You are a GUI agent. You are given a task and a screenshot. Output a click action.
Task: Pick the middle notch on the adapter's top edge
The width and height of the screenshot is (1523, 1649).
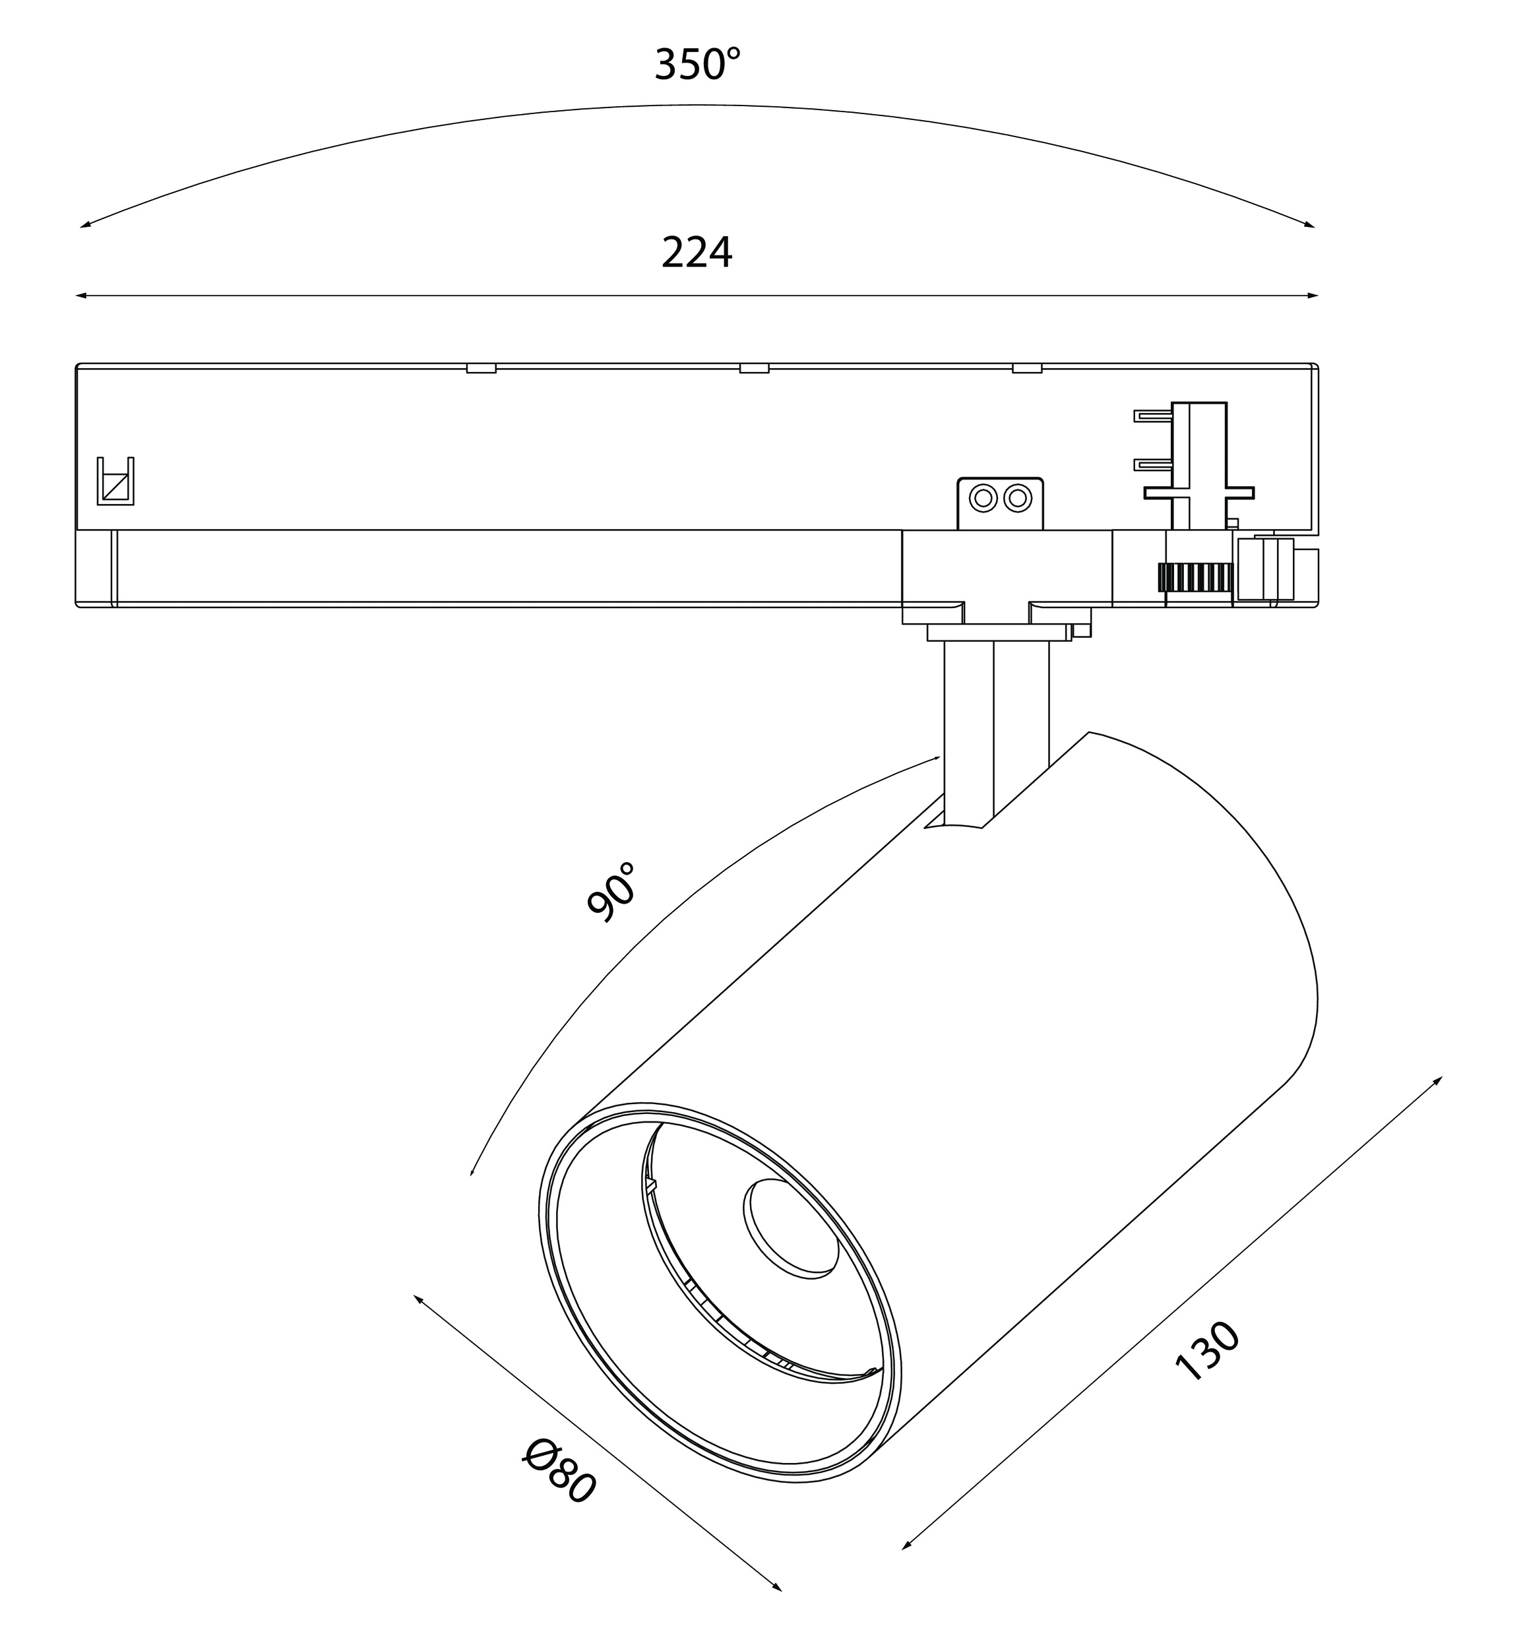click(753, 368)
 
